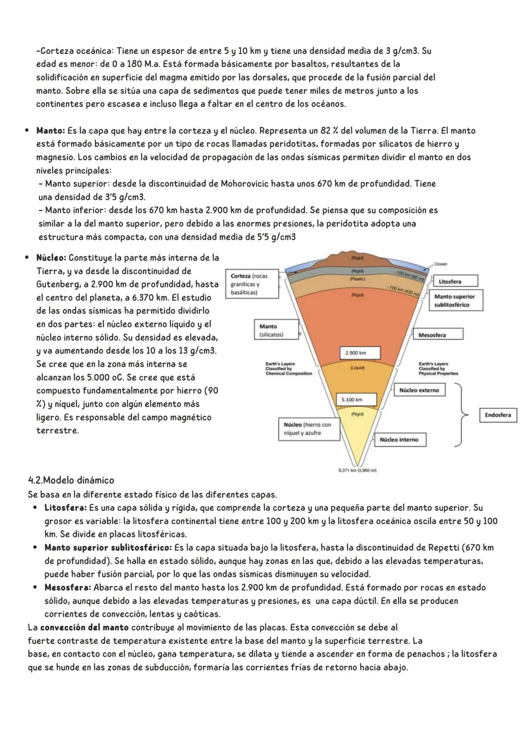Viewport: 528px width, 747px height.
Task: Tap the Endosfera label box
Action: pos(498,415)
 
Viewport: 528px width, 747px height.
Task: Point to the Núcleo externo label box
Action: pos(419,390)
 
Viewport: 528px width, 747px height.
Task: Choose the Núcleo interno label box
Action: pos(399,439)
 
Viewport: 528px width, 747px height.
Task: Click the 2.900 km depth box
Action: pos(355,352)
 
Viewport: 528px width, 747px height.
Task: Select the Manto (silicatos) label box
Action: pos(276,330)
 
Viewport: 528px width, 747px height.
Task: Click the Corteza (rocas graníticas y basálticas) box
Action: pos(251,284)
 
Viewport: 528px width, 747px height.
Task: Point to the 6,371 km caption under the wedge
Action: pos(357,470)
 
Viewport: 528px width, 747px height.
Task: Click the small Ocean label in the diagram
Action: pos(440,264)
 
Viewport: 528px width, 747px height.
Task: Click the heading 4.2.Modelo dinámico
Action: pos(71,480)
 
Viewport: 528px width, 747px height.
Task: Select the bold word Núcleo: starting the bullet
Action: pos(51,258)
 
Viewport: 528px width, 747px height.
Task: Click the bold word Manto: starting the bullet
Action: pos(50,131)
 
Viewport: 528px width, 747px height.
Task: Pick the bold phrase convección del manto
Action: pos(85,627)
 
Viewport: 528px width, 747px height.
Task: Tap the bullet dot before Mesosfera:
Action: pos(35,587)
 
